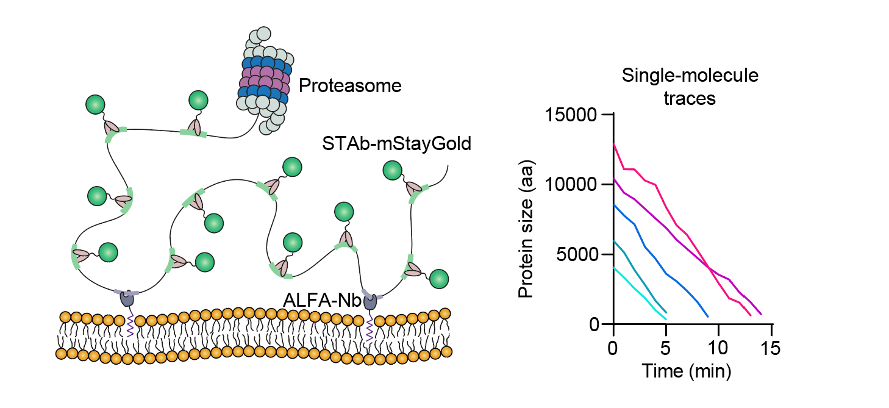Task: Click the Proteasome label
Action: [350, 86]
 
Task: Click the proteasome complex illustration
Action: [264, 79]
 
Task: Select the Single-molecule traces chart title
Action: [690, 87]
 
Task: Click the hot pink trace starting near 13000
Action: [671, 213]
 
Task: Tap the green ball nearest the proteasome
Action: [198, 100]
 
